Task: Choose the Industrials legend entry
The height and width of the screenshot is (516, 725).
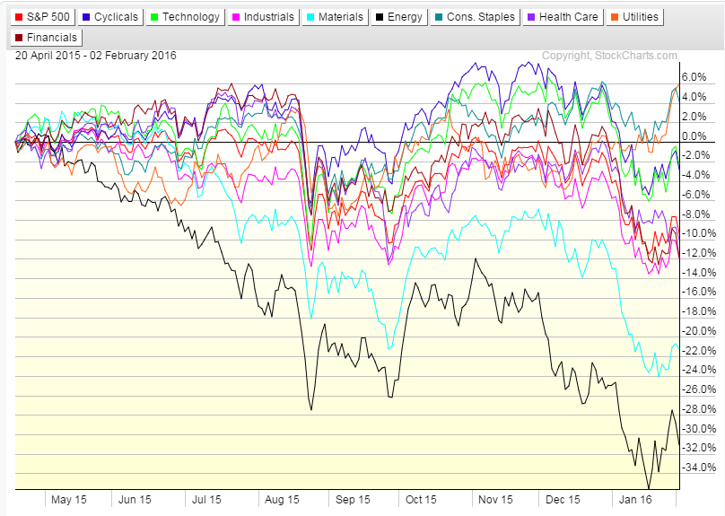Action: coord(262,16)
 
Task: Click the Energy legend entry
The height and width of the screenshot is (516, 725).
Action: coord(399,16)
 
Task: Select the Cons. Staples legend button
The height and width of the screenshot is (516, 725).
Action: coord(476,16)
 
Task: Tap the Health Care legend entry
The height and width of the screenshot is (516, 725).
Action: coord(560,16)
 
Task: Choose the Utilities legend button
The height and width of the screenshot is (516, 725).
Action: coord(633,16)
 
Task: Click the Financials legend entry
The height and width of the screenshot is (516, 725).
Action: coord(47,38)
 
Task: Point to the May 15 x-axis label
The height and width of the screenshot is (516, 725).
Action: coord(69,499)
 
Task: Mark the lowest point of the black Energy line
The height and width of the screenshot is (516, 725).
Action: coord(649,488)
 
